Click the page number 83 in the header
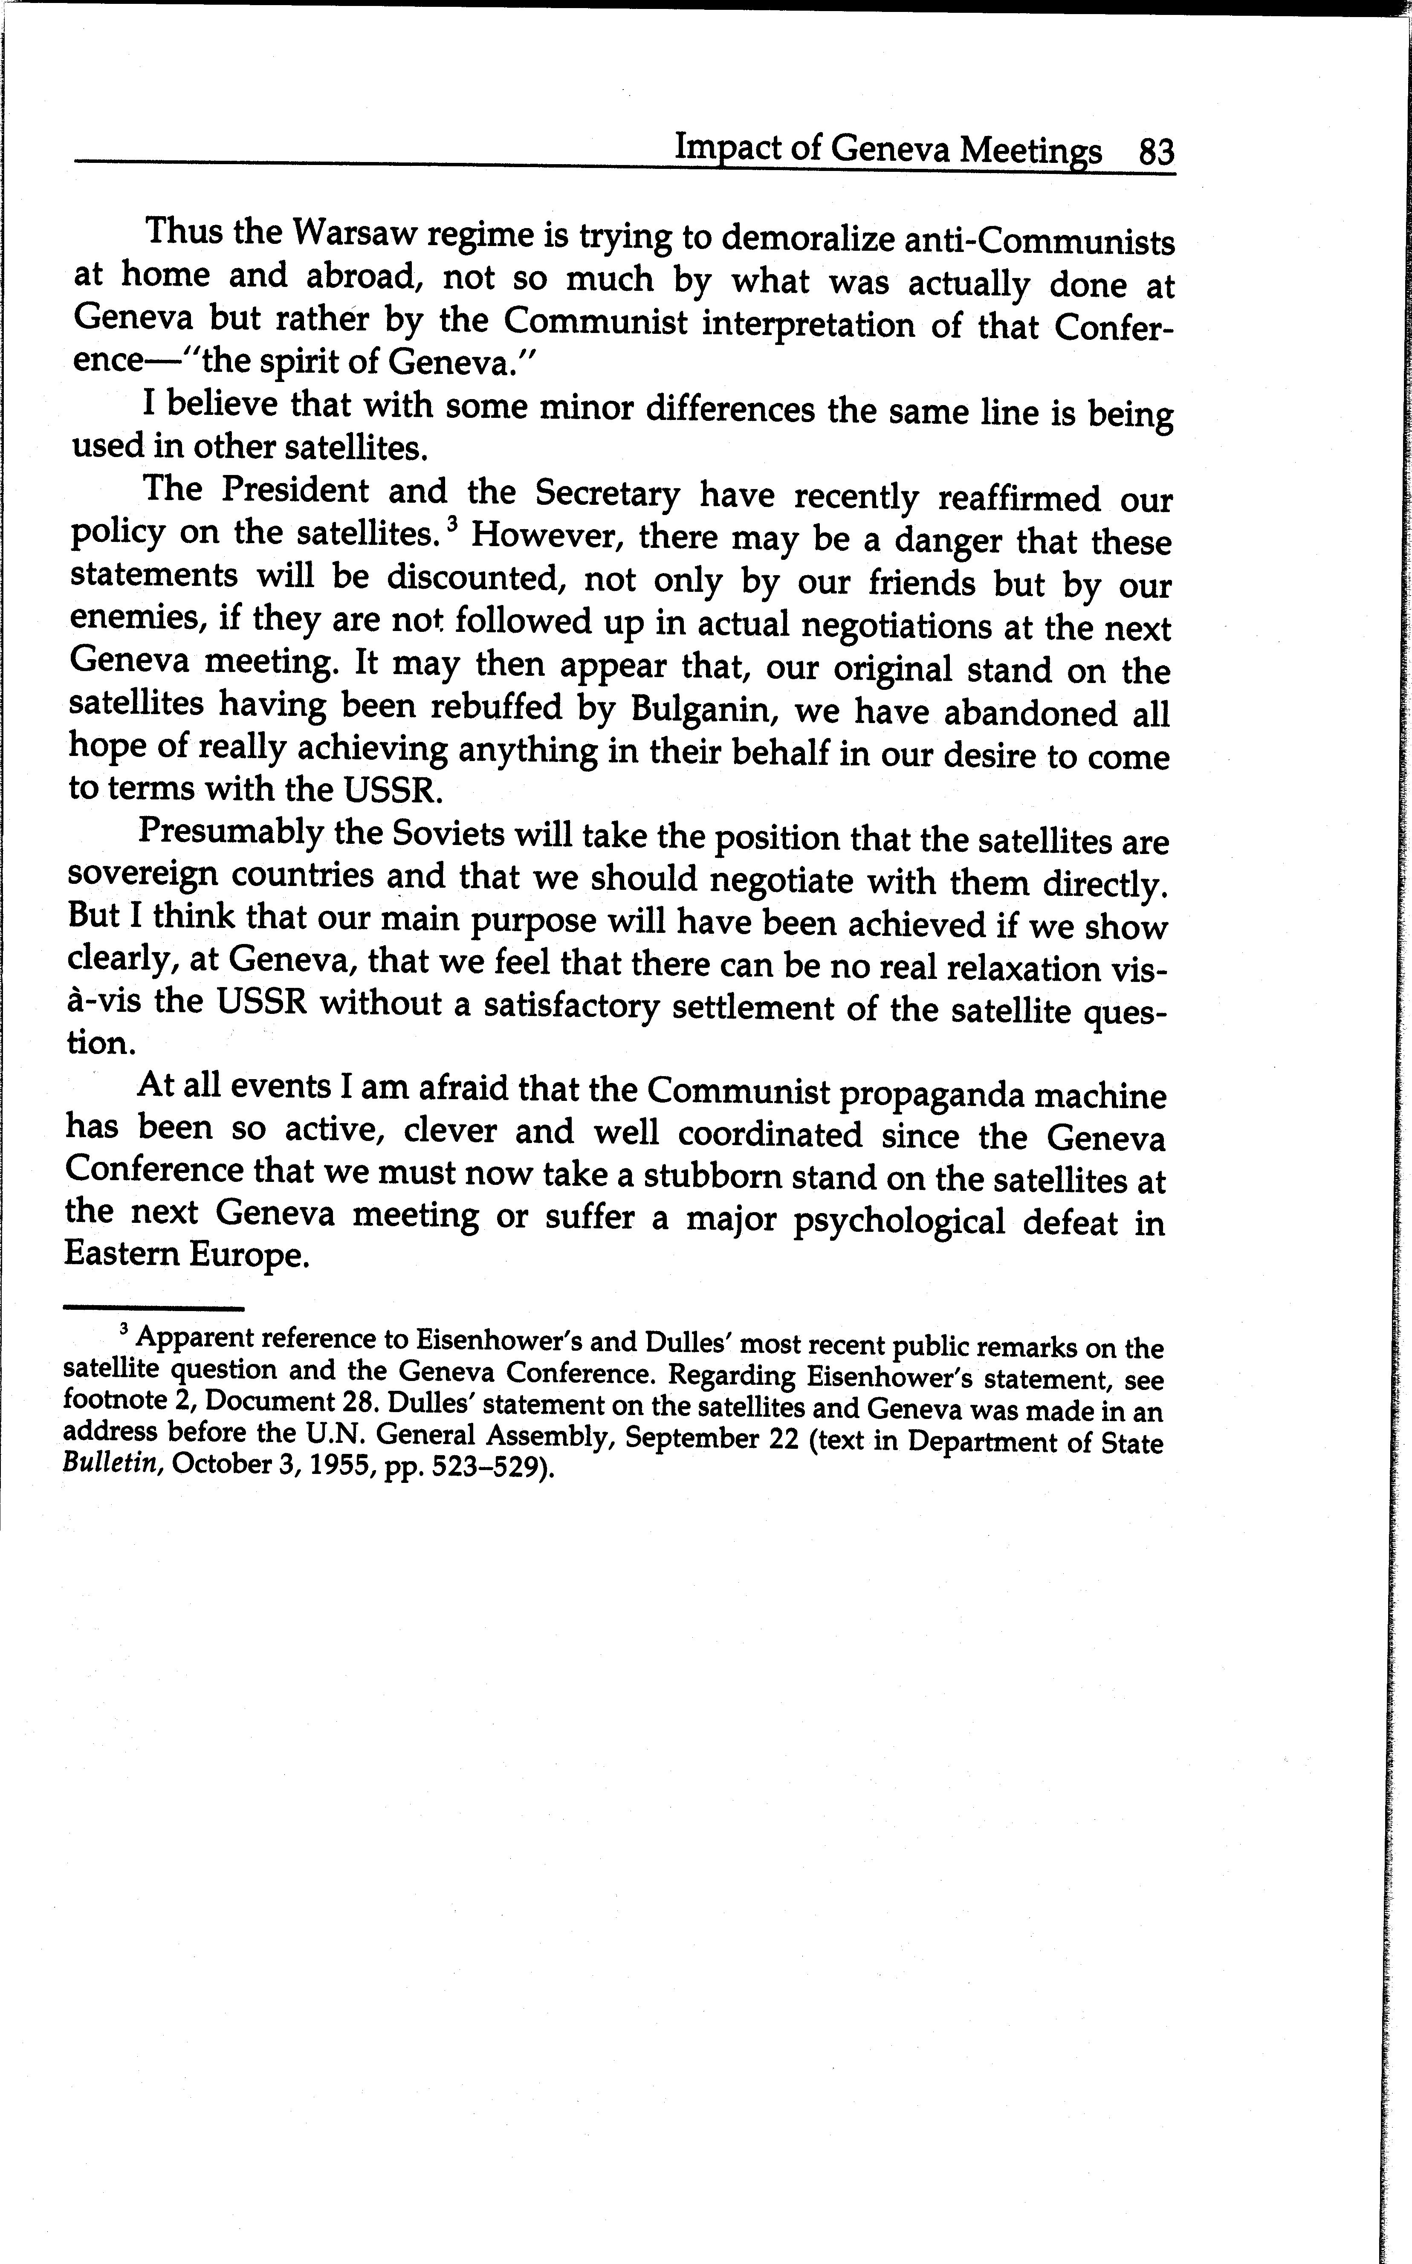(x=1156, y=151)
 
